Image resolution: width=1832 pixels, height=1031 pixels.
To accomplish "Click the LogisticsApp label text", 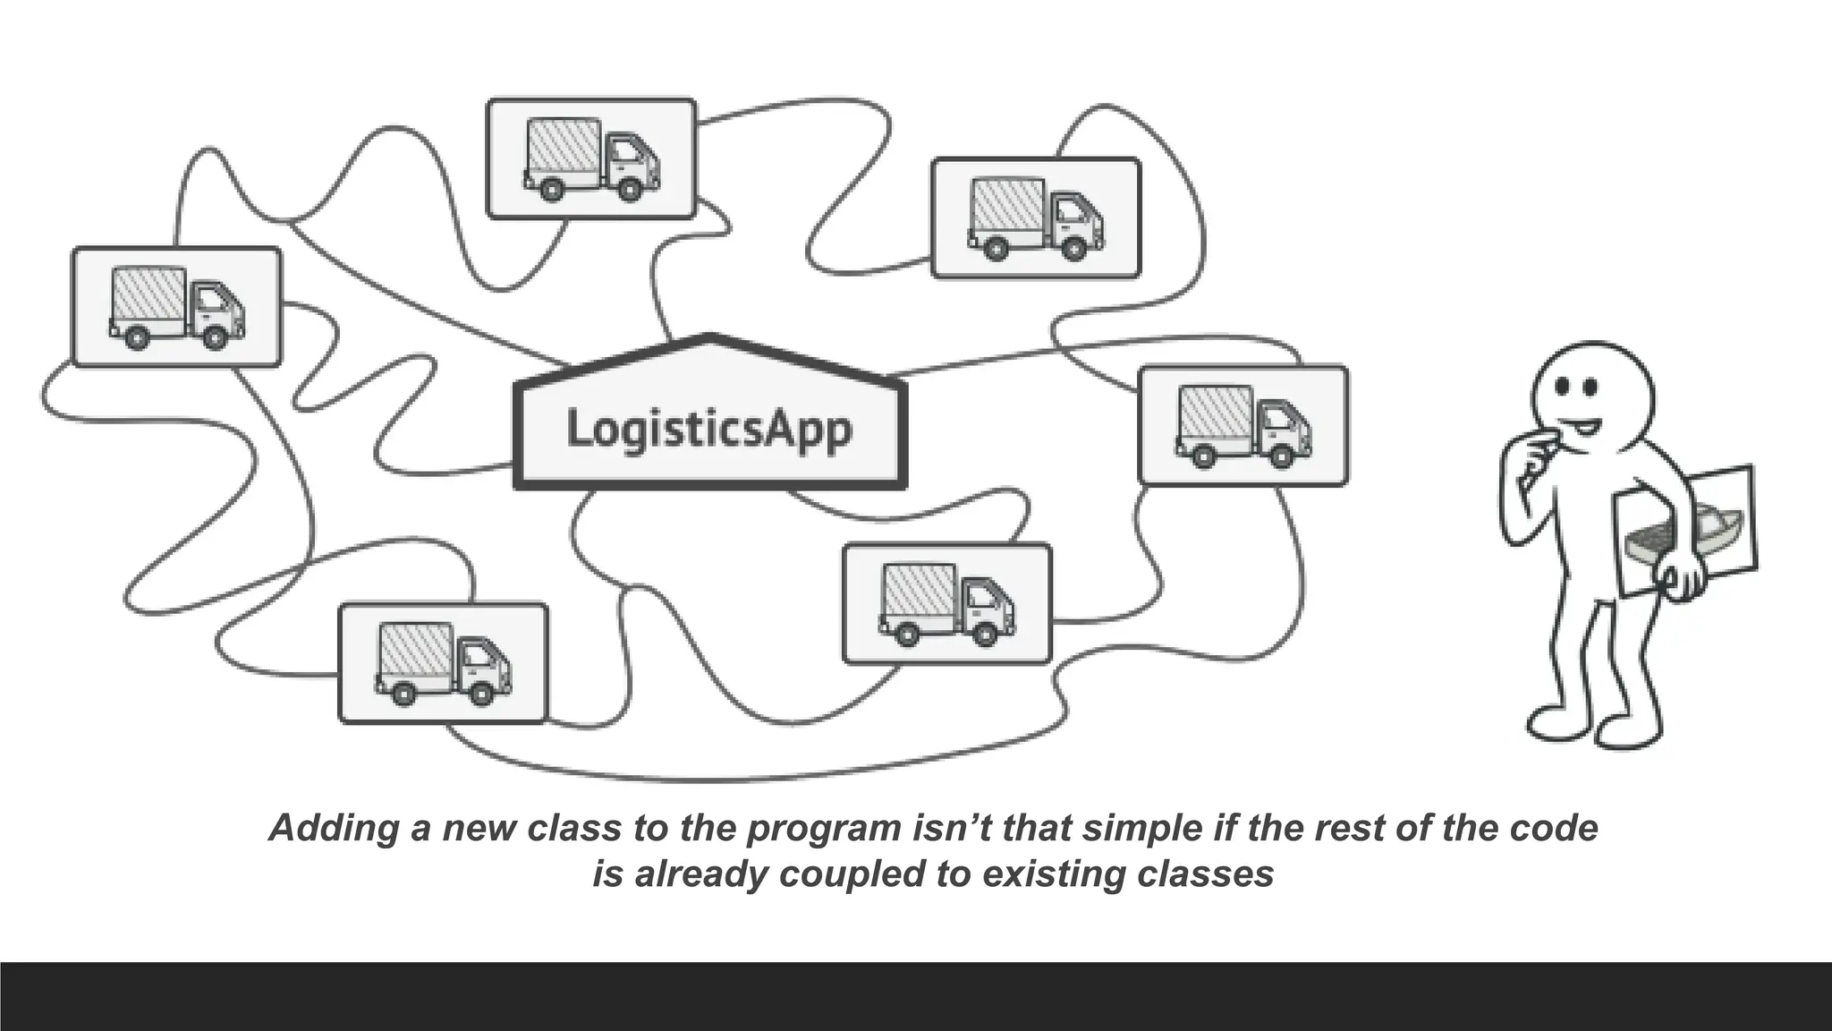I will click(709, 429).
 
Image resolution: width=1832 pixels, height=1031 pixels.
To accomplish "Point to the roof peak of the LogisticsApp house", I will click(710, 337).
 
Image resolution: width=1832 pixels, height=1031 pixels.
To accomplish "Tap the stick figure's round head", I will click(1592, 394).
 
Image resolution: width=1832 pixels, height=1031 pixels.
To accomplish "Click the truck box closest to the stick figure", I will click(1243, 425).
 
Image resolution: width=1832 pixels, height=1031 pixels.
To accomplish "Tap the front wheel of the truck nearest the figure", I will click(1282, 456).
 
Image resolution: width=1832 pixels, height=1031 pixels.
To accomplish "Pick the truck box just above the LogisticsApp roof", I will click(591, 158).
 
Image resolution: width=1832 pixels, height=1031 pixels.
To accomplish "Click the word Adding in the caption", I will click(334, 828).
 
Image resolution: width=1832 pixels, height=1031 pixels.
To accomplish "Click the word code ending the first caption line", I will click(1554, 828).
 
